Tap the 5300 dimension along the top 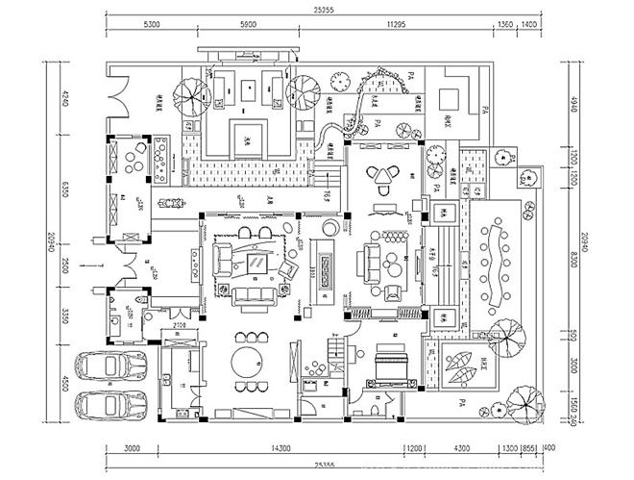(150, 24)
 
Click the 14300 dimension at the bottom (280, 448)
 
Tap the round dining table (253, 364)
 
